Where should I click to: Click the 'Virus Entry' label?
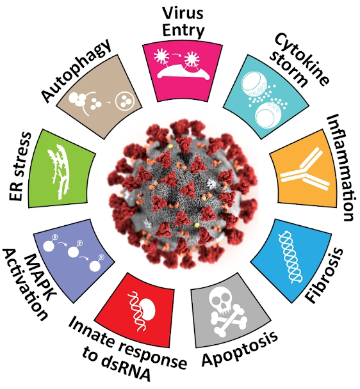pyautogui.click(x=183, y=22)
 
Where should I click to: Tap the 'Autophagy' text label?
pyautogui.click(x=76, y=70)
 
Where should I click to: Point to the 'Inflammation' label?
pyautogui.click(x=340, y=168)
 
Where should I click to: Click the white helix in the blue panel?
pyautogui.click(x=290, y=256)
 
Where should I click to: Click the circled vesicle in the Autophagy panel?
pyautogui.click(x=125, y=101)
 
